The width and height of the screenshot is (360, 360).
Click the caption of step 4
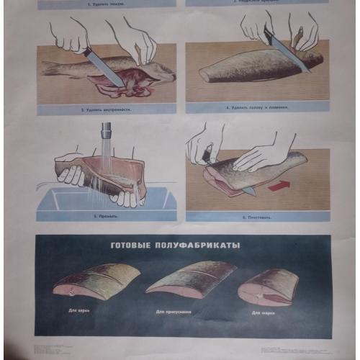click(x=257, y=107)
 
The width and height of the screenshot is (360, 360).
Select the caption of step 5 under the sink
click(x=106, y=215)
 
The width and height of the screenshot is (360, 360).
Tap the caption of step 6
click(x=256, y=216)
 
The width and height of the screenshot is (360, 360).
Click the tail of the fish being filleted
click(x=294, y=160)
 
